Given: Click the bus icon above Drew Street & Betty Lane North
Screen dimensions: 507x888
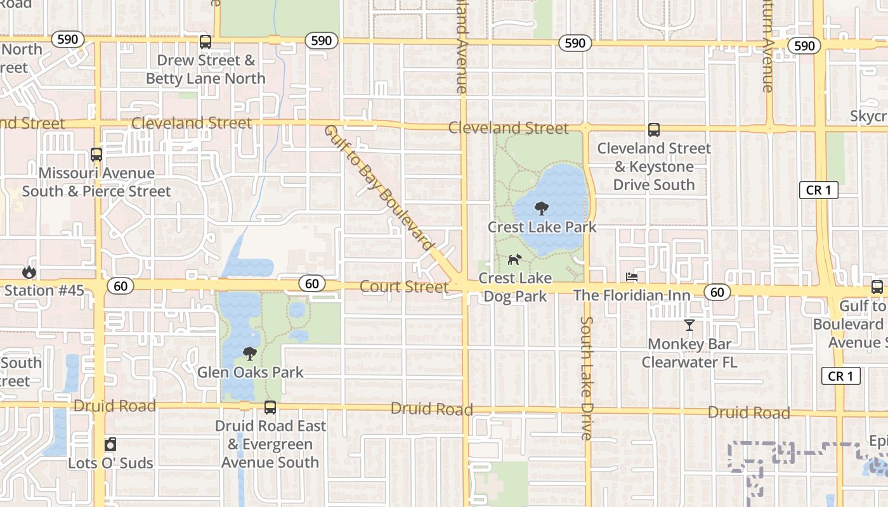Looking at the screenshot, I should point(206,42).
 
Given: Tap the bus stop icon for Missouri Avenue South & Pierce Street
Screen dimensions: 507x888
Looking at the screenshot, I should point(96,155).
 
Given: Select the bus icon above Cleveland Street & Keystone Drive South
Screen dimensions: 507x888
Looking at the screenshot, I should point(654,130).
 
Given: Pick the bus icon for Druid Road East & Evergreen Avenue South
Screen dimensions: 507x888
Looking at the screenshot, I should point(270,407).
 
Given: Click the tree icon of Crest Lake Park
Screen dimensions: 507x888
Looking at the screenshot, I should point(541,208).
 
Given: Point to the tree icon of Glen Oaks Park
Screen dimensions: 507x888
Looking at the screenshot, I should point(250,353).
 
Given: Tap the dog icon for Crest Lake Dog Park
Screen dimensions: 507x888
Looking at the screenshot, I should point(514,259).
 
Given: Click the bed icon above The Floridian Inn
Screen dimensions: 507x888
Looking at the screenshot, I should point(632,277).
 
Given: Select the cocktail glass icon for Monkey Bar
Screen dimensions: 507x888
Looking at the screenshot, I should point(689,326).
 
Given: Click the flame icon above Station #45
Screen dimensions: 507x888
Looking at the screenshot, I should point(29,273).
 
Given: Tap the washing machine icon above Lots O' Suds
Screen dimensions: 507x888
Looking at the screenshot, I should point(110,444).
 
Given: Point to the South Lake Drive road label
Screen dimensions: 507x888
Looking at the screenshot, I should point(586,378).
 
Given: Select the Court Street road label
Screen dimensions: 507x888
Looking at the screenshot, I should point(404,287).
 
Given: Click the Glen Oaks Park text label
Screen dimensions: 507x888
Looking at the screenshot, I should point(251,372).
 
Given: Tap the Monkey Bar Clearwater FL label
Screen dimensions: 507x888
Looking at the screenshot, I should point(689,354).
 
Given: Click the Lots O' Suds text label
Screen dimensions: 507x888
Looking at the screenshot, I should point(110,463).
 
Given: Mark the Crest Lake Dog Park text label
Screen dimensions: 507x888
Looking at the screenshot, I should point(514,287).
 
